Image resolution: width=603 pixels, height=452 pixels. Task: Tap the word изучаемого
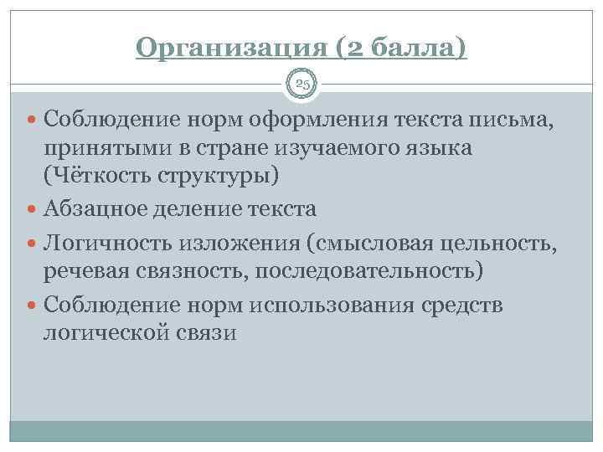pyautogui.click(x=330, y=150)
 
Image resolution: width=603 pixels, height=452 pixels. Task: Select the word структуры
pyautogui.click(x=218, y=177)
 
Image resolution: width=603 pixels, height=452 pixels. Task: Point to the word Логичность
pyautogui.click(x=108, y=242)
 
